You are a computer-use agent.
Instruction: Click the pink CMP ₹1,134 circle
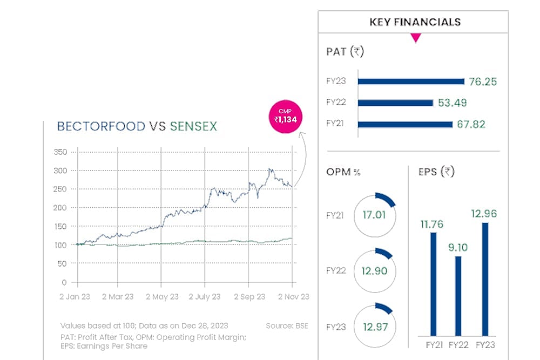tap(286, 117)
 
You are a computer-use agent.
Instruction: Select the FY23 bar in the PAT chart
tap(411, 81)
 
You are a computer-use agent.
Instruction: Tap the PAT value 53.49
tap(452, 103)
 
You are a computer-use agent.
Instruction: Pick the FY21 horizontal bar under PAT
tap(405, 125)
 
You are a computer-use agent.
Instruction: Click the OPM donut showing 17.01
tap(374, 215)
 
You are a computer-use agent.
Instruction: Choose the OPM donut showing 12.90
tap(374, 271)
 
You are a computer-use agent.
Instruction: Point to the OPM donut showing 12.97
tap(374, 327)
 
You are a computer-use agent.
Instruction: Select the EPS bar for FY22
tap(458, 296)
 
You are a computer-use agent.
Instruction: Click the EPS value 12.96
tap(484, 213)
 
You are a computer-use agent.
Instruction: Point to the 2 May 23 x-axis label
tap(162, 297)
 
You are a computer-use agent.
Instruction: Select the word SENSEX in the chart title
tap(193, 127)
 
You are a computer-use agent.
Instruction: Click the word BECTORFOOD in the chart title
tap(101, 127)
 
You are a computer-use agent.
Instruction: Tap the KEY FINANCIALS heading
tap(415, 22)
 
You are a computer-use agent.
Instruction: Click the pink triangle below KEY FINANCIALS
tap(415, 38)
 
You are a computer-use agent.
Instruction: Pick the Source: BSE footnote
tap(287, 326)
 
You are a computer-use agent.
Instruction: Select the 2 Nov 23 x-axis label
tap(293, 297)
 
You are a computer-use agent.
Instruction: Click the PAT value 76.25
tap(482, 81)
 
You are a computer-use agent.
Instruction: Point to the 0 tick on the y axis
tap(64, 282)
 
